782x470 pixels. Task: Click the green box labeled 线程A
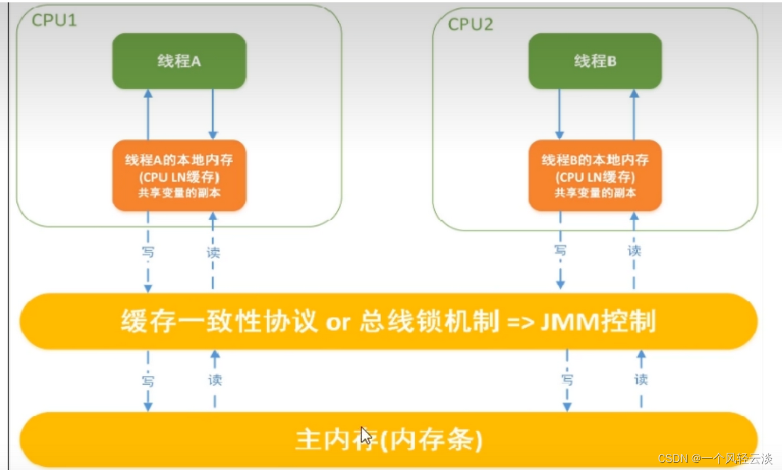[x=179, y=61]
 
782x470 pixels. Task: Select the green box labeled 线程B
[x=595, y=61]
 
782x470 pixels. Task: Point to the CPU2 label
[x=471, y=23]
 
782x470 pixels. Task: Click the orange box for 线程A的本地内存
[x=179, y=175]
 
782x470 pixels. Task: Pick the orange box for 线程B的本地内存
[x=595, y=175]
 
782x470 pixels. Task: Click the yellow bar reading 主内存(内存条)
[x=388, y=441]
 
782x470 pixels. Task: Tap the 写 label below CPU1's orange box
[x=148, y=252]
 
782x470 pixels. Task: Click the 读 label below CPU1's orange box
[x=213, y=252]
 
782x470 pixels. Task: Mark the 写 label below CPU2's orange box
[x=560, y=251]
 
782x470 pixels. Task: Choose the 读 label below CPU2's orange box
[x=634, y=251]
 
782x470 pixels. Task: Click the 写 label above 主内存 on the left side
[x=148, y=379]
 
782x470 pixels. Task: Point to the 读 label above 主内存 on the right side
[x=641, y=379]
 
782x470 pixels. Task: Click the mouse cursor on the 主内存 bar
[x=366, y=436]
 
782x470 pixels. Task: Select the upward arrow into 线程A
[x=148, y=113]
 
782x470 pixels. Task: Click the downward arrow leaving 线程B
[x=560, y=113]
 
